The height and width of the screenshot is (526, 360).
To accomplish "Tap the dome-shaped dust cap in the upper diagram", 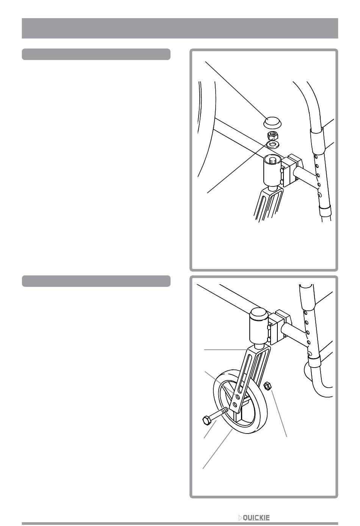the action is tap(272, 122).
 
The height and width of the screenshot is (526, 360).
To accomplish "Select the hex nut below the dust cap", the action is tap(272, 136).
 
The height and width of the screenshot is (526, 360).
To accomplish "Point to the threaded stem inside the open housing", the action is tap(272, 161).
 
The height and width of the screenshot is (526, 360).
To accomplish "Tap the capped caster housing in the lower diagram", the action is tap(258, 329).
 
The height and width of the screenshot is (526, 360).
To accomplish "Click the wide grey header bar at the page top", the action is tap(180, 28).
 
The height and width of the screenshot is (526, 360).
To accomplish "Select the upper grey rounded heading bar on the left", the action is tap(96, 54).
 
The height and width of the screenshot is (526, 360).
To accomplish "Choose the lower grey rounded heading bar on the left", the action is tap(96, 281).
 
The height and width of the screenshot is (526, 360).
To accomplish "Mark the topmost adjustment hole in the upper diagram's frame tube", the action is tap(316, 156).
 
